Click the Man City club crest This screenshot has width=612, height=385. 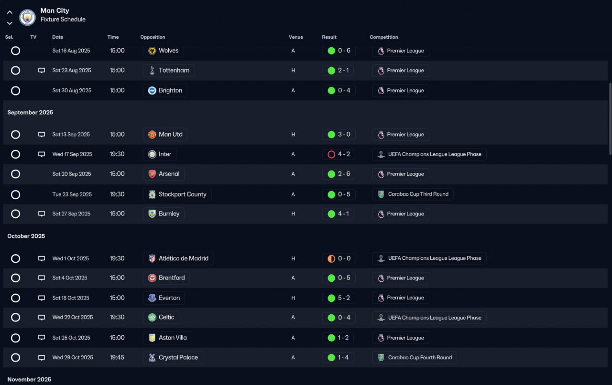27,18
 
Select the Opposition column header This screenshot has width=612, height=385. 153,37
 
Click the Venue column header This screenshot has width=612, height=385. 295,37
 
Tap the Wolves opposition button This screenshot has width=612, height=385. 163,51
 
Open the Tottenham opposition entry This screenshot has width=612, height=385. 169,71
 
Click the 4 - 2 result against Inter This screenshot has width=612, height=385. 339,154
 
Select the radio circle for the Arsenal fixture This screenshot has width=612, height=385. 16,174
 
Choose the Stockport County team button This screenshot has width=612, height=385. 177,194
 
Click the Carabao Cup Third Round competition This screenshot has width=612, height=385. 413,194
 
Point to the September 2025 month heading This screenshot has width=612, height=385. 30,113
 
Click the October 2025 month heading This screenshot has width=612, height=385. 26,236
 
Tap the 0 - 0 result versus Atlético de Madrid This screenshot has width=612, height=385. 339,258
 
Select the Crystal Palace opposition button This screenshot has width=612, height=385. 173,358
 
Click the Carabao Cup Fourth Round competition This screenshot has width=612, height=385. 414,358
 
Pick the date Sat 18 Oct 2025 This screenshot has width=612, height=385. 71,298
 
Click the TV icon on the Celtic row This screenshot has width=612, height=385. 42,318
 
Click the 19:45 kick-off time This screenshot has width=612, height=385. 117,358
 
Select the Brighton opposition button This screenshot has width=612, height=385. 165,91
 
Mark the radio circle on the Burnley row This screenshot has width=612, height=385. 16,214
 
